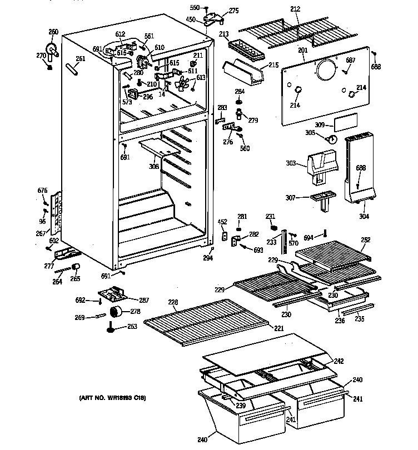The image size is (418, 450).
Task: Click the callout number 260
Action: pos(53,32)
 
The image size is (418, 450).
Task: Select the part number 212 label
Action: pos(295,8)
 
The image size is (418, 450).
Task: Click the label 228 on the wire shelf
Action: pos(173,302)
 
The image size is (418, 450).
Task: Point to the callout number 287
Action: pos(144,300)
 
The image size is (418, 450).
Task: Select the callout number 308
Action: pos(153,166)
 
